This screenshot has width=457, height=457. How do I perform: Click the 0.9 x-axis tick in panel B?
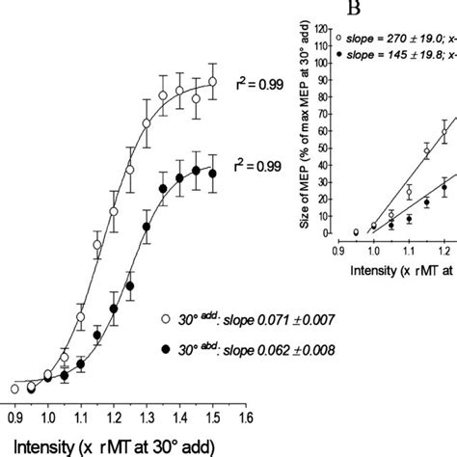(335, 249)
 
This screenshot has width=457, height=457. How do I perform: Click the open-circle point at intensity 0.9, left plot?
(14, 389)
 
